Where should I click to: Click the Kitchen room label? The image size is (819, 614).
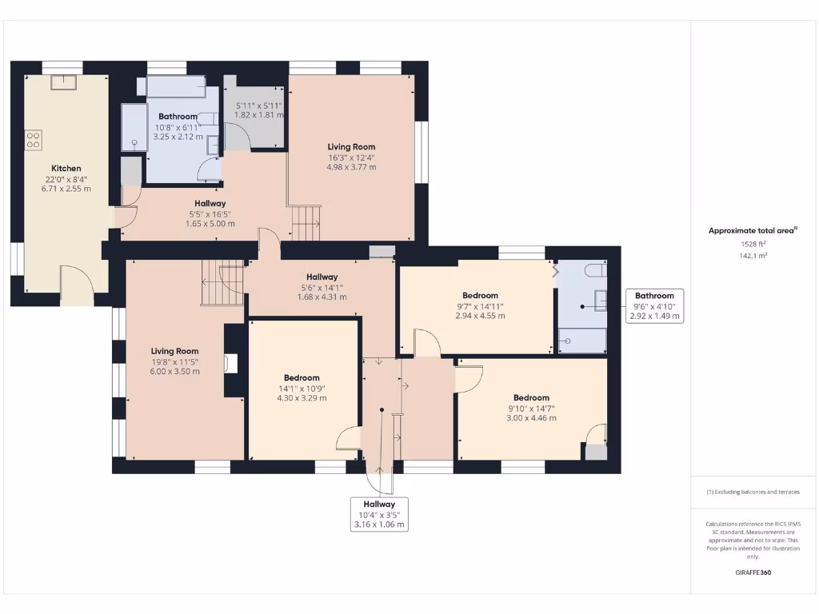pyautogui.click(x=66, y=169)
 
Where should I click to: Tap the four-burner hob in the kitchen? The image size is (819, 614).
pyautogui.click(x=34, y=140)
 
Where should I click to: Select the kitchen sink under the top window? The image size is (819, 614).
pyautogui.click(x=62, y=82)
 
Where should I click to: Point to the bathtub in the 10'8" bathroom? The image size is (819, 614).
pyautogui.click(x=176, y=86)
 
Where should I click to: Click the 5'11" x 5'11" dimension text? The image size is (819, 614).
pyautogui.click(x=258, y=105)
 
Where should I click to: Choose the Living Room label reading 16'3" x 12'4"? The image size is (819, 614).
pyautogui.click(x=351, y=147)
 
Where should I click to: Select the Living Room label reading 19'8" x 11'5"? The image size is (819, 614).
pyautogui.click(x=175, y=351)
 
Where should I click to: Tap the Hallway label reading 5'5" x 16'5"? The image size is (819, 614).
pyautogui.click(x=210, y=204)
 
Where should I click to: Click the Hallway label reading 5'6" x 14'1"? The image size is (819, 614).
pyautogui.click(x=322, y=277)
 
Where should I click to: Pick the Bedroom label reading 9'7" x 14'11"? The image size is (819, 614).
pyautogui.click(x=480, y=296)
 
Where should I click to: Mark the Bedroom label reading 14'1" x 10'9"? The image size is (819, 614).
pyautogui.click(x=302, y=378)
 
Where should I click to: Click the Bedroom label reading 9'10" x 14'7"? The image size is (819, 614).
pyautogui.click(x=531, y=398)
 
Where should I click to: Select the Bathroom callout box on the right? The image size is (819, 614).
pyautogui.click(x=654, y=305)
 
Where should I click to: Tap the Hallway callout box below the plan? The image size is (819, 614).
pyautogui.click(x=379, y=515)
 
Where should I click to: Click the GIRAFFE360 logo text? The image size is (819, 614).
pyautogui.click(x=753, y=572)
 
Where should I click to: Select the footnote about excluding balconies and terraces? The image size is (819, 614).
pyautogui.click(x=753, y=492)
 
